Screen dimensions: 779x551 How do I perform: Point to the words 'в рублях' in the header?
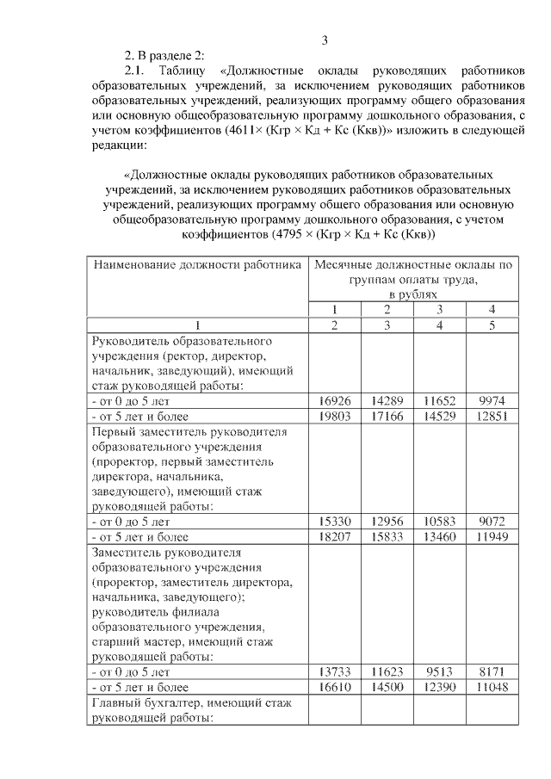pos(413,294)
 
